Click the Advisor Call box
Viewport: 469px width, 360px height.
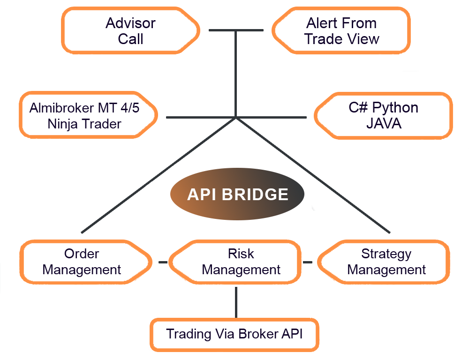131,30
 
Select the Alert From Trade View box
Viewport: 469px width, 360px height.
341,30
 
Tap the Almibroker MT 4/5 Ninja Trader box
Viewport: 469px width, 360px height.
89,115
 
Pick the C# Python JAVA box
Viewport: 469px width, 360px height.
383,116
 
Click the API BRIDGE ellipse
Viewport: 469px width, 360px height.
237,194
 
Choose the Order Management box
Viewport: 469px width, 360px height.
86,262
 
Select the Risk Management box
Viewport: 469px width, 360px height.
235,262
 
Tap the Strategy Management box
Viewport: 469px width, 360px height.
384,262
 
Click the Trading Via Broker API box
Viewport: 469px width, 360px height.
234,335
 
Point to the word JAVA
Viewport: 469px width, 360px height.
384,123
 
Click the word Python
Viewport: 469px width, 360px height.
395,108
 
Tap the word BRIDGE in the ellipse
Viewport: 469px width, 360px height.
255,195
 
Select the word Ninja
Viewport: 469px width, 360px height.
62,124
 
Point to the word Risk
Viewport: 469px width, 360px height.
241,254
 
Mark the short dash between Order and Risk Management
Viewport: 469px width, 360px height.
163,262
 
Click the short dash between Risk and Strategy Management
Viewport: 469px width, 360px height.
308,262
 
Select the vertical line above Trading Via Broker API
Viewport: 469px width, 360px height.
236,302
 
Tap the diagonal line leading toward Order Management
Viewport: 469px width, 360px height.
159,175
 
